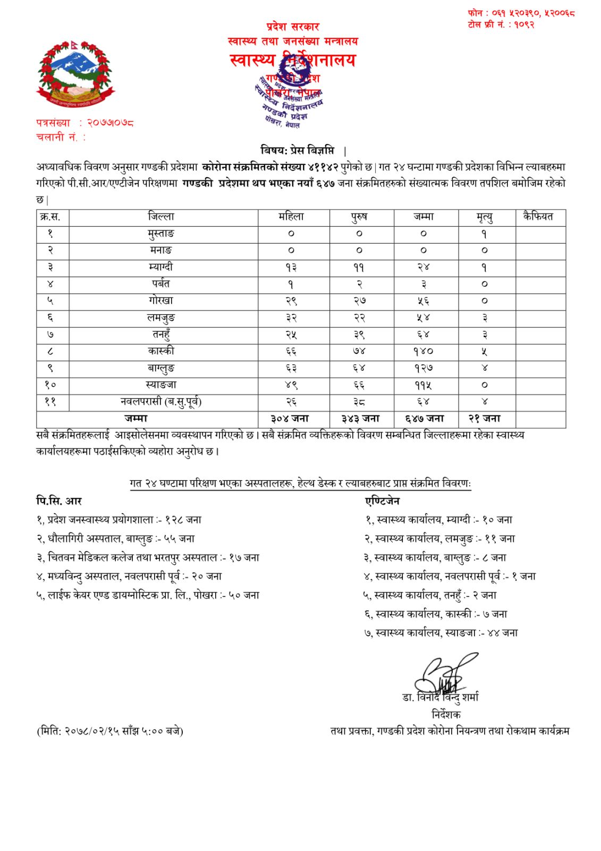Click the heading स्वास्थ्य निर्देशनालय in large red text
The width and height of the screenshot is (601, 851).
(x=292, y=60)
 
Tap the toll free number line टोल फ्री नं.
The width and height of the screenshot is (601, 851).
(x=501, y=24)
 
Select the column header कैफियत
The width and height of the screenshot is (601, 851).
(x=538, y=217)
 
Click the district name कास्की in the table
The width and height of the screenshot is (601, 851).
(x=161, y=351)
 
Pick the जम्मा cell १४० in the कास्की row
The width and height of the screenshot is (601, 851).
(x=424, y=351)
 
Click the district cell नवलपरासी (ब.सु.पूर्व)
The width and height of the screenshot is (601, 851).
(x=161, y=402)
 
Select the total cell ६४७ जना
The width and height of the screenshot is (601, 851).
(x=425, y=419)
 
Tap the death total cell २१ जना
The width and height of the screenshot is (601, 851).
(x=484, y=419)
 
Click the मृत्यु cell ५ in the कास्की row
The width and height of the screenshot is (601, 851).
(x=484, y=351)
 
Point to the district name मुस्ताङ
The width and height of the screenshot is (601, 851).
(x=161, y=233)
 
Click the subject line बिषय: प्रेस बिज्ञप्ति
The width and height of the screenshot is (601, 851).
(x=298, y=150)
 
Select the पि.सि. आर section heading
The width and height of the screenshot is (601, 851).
(x=58, y=501)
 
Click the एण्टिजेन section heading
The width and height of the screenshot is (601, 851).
(x=382, y=501)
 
